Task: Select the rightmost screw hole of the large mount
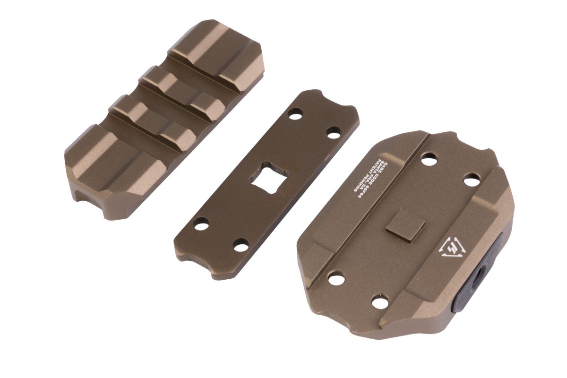[x=471, y=180]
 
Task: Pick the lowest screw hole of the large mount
[x=378, y=301]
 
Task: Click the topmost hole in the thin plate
[x=296, y=114]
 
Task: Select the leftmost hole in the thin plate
[x=201, y=223]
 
